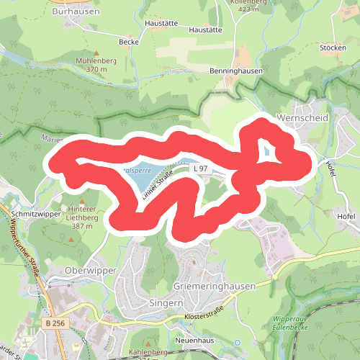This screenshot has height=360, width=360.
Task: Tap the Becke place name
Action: [x=129, y=42]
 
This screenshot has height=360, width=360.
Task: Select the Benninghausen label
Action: [x=215, y=72]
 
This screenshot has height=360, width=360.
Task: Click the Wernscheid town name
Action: [x=302, y=117]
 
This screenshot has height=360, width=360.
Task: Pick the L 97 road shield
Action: [x=201, y=168]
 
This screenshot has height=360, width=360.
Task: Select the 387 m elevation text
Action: [x=82, y=226]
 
